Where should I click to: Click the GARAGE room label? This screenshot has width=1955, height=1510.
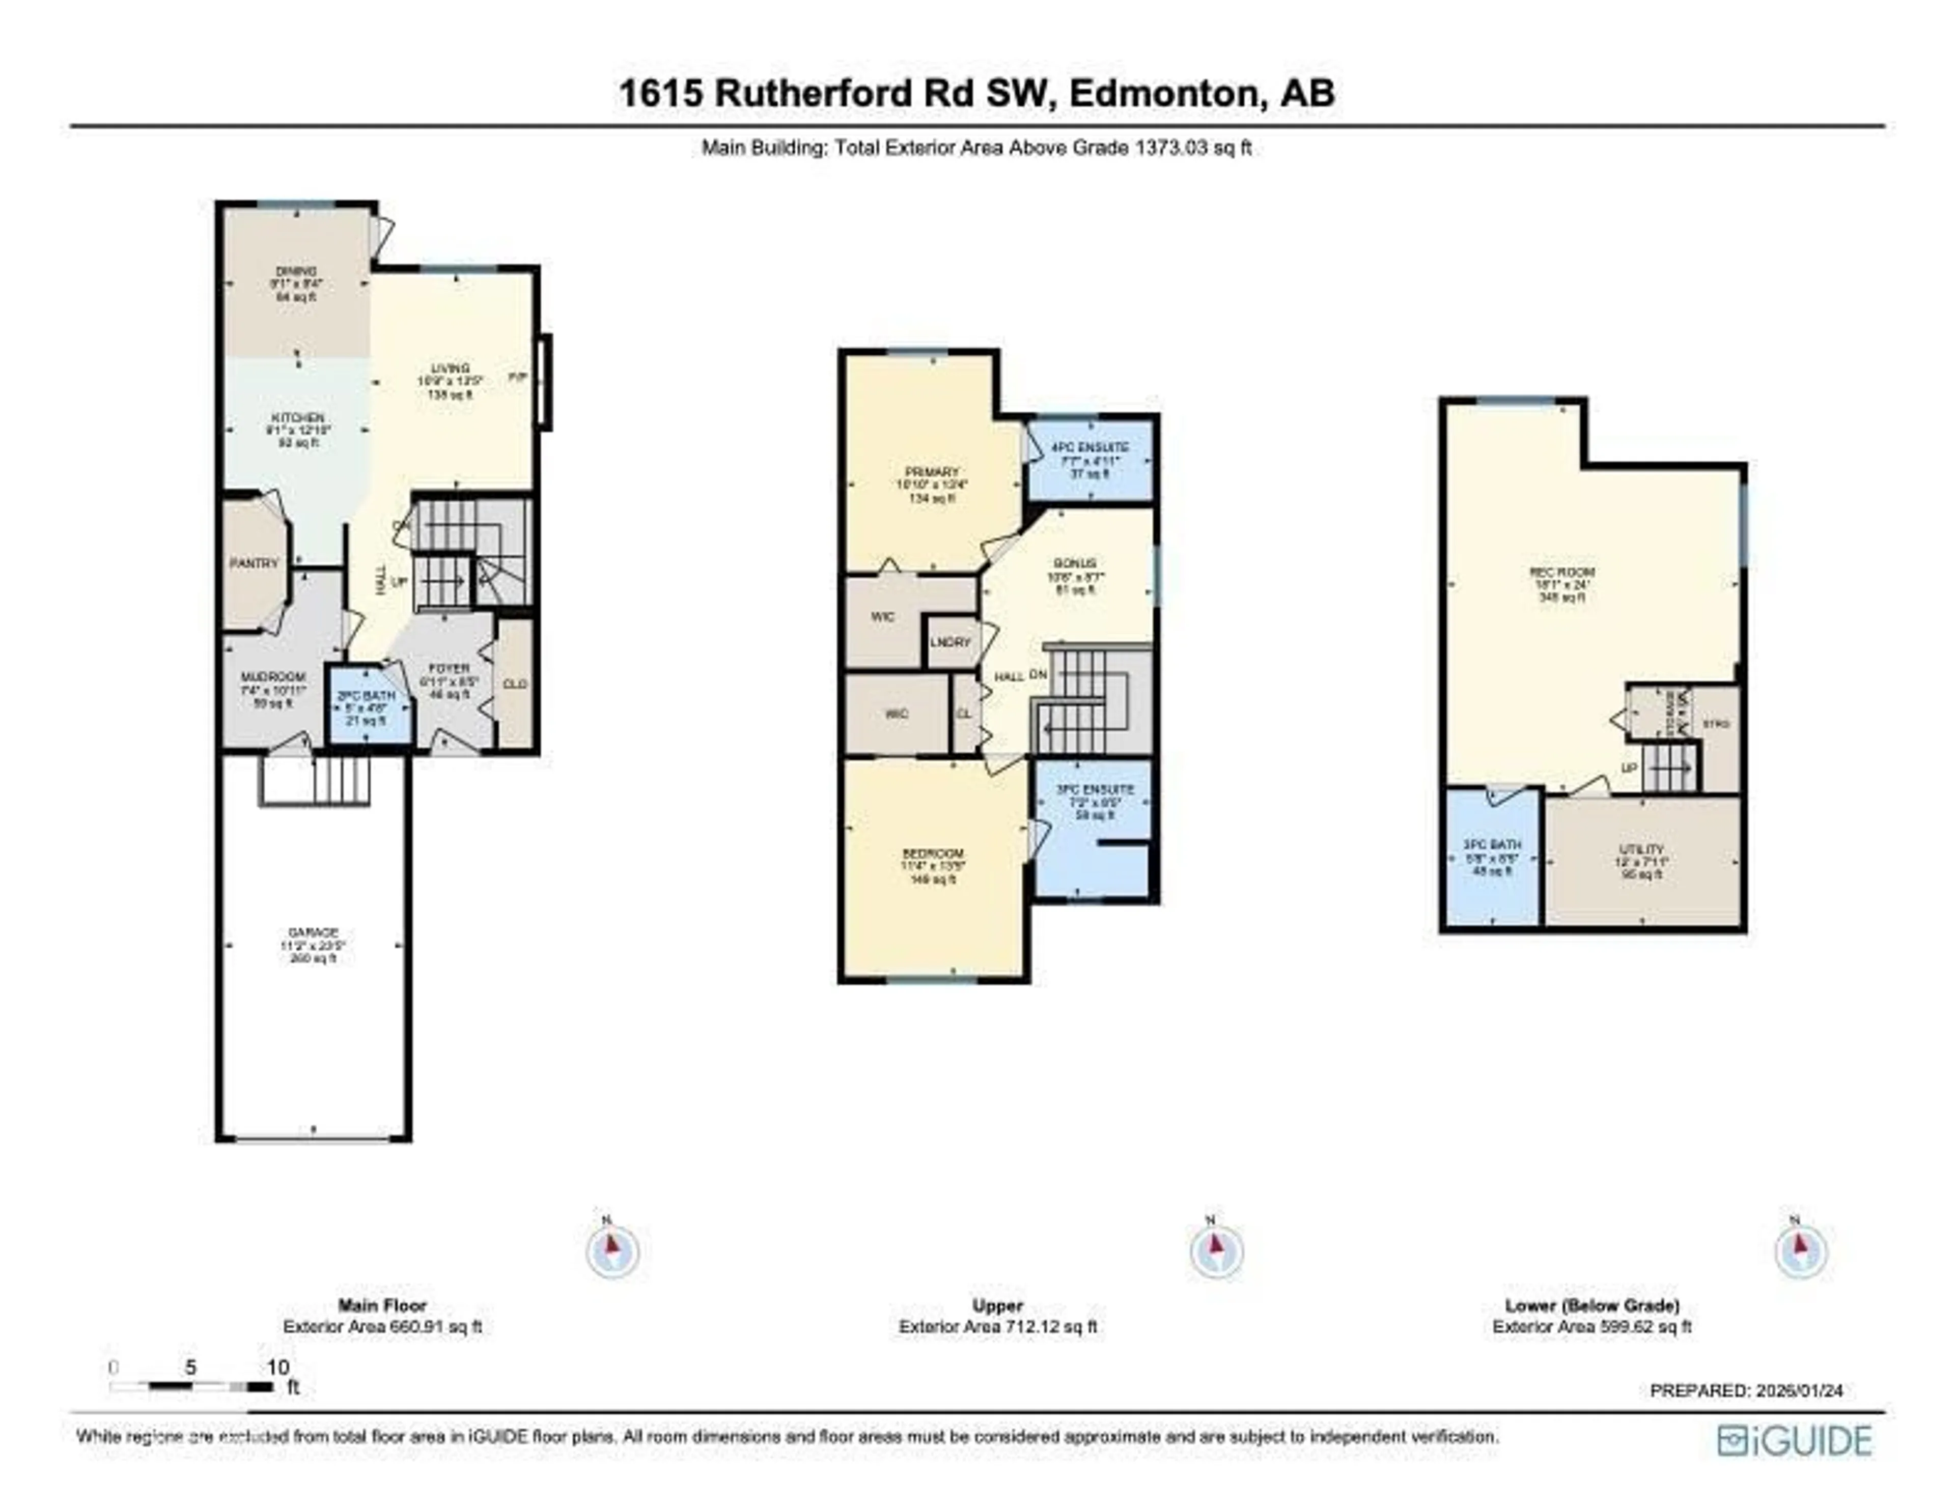tap(313, 932)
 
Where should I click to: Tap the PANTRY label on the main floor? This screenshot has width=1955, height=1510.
tap(254, 563)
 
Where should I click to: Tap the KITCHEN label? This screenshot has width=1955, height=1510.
tap(298, 418)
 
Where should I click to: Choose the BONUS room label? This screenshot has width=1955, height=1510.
tap(1075, 563)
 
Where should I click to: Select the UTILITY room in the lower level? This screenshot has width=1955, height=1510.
tap(1642, 848)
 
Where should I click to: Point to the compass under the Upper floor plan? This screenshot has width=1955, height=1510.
tap(1216, 1250)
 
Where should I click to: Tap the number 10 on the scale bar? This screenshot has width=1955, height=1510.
tap(277, 1367)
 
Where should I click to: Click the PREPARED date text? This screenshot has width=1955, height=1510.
tap(1746, 1390)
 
